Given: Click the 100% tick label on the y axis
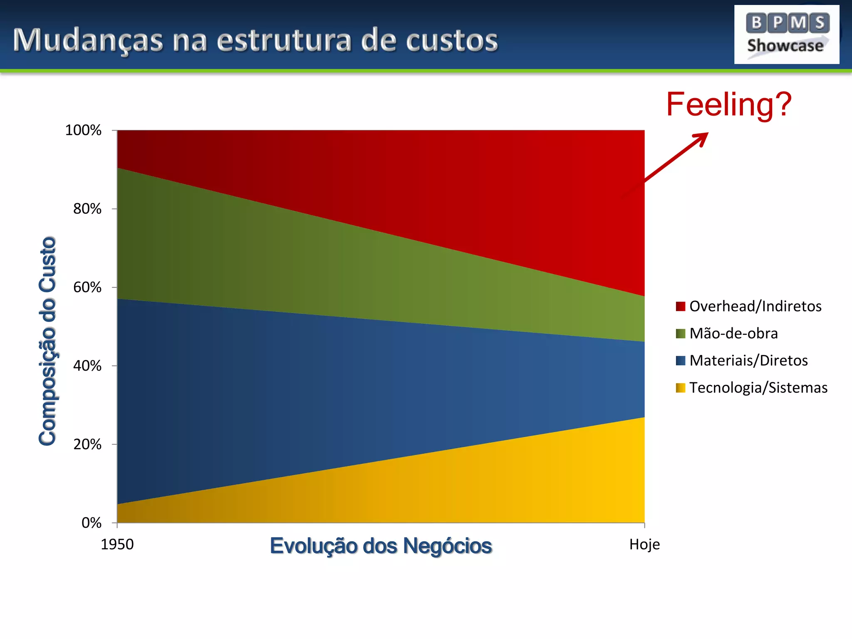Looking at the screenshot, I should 83,130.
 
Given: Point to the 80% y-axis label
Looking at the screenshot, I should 87,209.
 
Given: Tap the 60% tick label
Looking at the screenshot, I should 87,287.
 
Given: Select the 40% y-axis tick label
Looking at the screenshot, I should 87,366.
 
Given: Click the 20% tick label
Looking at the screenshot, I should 87,445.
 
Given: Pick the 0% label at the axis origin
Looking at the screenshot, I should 92,523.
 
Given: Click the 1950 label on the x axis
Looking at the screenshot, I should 117,545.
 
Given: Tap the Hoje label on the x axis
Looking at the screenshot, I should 644,545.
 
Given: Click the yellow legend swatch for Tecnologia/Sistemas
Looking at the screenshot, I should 680,388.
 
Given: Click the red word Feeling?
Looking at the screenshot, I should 729,104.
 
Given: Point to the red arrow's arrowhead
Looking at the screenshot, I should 702,138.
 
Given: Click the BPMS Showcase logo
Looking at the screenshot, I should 786,35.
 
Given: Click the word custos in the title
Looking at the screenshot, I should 452,41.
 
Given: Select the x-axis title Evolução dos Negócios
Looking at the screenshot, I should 381,546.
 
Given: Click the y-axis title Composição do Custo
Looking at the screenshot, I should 47,341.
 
